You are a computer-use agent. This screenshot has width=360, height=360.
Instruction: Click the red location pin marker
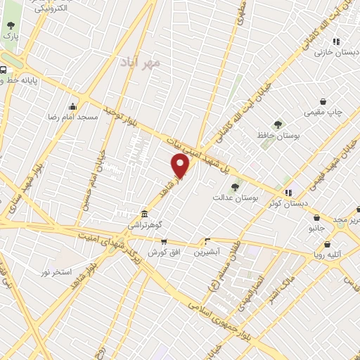point(181,167)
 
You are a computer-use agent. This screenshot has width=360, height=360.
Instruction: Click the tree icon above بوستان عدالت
point(236,186)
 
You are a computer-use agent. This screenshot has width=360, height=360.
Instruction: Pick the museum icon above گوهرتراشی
point(144,213)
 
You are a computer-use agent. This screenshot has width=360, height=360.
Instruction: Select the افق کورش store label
point(163,252)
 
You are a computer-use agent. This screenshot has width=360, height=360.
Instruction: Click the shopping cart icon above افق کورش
point(164,241)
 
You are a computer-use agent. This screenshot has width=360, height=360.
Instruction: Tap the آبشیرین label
point(207,251)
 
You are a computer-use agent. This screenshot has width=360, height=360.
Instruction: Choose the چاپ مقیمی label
point(323,112)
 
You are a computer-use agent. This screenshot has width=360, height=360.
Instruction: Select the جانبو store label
point(317,228)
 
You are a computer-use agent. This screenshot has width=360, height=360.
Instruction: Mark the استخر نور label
point(57,271)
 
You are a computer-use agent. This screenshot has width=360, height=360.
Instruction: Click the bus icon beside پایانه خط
point(4,70)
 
